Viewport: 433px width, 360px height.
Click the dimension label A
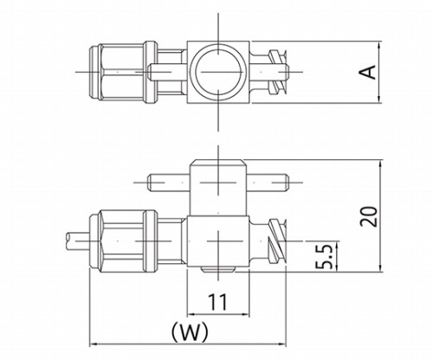(x=368, y=72)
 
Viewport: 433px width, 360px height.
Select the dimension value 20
(x=369, y=216)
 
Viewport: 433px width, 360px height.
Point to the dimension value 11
(x=217, y=302)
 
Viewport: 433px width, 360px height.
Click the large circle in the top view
(x=218, y=72)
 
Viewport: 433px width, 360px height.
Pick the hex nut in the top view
(x=123, y=72)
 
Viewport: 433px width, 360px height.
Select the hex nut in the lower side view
(x=123, y=241)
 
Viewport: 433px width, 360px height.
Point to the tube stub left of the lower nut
(x=78, y=241)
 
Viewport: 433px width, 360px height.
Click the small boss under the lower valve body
(x=218, y=269)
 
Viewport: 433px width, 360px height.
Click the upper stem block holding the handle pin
(x=218, y=188)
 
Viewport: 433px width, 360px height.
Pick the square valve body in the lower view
(x=218, y=241)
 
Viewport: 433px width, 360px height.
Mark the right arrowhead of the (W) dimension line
(x=283, y=344)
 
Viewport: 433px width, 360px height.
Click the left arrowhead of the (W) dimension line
(x=93, y=344)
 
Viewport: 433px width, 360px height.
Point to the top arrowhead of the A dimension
(x=380, y=45)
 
